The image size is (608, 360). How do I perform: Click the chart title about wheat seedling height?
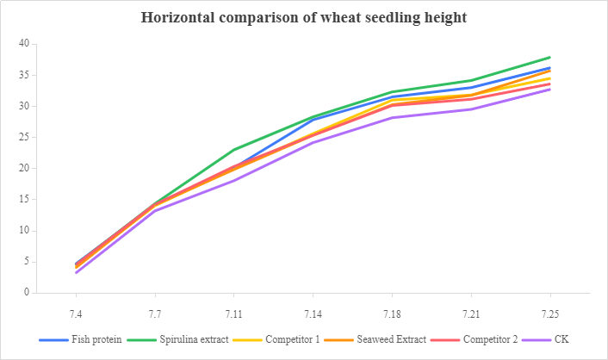pos(304,17)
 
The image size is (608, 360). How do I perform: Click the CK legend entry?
pos(560,339)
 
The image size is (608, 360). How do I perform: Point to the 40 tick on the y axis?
pos(23,44)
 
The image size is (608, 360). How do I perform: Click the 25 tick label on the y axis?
pos(23,137)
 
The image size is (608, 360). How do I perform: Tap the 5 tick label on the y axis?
pos(26,262)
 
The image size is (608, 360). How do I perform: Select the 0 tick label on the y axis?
pos(26,293)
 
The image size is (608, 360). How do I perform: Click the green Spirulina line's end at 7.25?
pos(549,57)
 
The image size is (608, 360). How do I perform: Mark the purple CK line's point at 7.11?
pos(234,180)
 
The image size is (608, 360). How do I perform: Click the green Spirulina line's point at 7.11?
pos(234,150)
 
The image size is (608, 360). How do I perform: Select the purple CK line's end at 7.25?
pos(549,90)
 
